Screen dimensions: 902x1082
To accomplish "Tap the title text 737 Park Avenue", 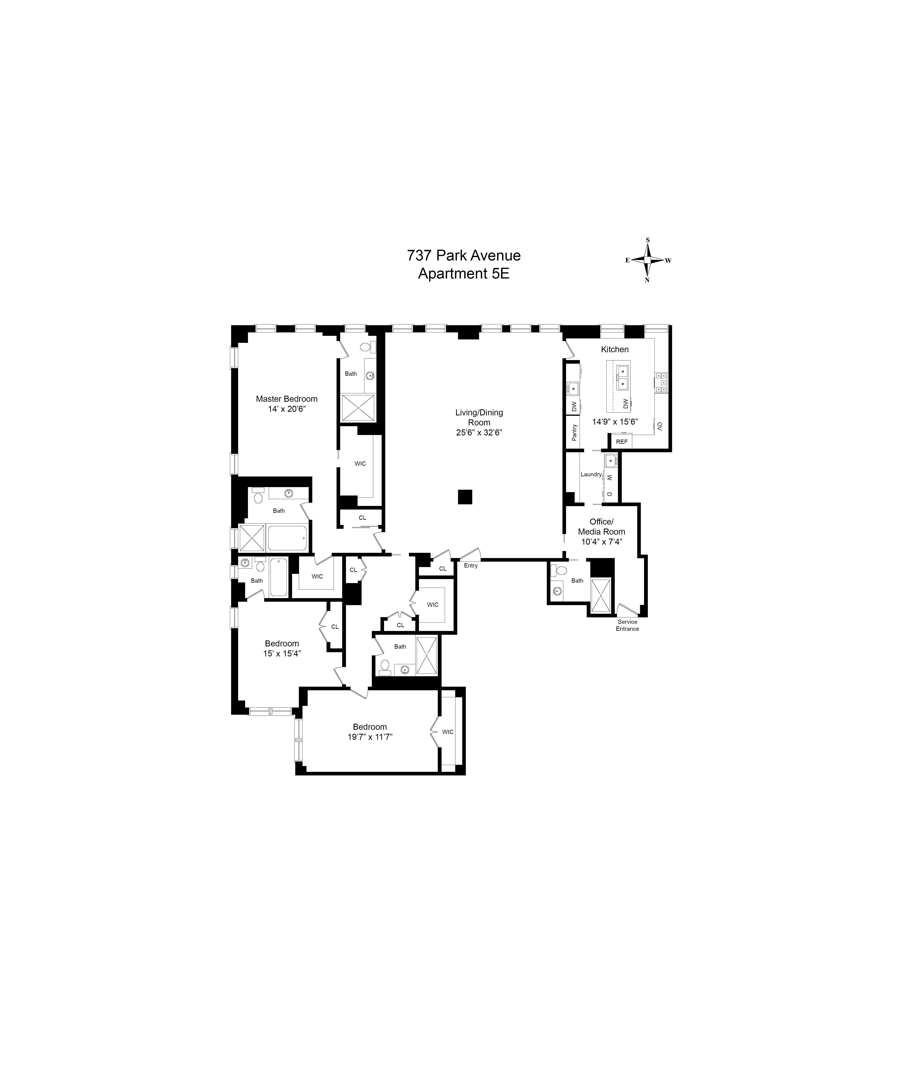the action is pyautogui.click(x=463, y=255).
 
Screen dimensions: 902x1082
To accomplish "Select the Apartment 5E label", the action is pyautogui.click(x=463, y=274).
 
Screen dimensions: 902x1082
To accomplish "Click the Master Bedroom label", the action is pyautogui.click(x=287, y=399).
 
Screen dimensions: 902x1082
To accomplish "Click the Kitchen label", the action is pyautogui.click(x=614, y=349).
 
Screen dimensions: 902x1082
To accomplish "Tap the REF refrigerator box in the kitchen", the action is pyautogui.click(x=622, y=442).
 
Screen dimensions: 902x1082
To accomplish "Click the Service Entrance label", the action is pyautogui.click(x=627, y=625).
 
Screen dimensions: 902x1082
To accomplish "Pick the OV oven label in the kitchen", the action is pyautogui.click(x=659, y=426).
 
